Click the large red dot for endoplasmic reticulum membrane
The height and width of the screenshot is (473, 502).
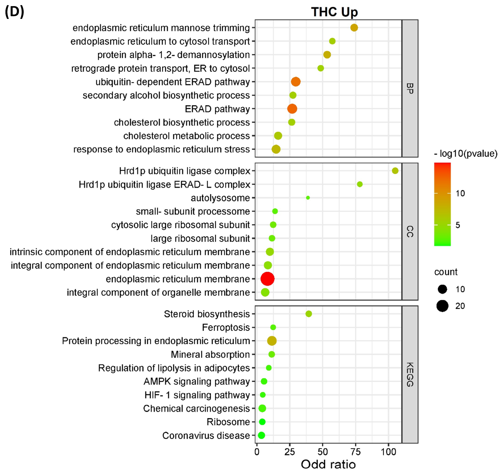pyautogui.click(x=267, y=279)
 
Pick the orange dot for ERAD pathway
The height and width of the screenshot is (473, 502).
pyautogui.click(x=292, y=109)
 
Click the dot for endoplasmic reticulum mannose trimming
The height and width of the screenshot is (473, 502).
pyautogui.click(x=354, y=27)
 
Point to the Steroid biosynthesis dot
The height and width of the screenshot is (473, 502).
pyautogui.click(x=309, y=314)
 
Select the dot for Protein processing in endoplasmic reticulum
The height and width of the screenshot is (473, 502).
pyautogui.click(x=272, y=341)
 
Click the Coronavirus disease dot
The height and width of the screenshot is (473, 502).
pyautogui.click(x=261, y=435)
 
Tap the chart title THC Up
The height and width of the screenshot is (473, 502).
pyautogui.click(x=334, y=12)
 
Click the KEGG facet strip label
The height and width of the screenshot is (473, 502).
pyautogui.click(x=410, y=375)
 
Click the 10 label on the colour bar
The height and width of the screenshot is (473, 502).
pyautogui.click(x=460, y=193)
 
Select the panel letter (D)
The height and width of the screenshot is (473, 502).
pyautogui.click(x=14, y=12)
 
